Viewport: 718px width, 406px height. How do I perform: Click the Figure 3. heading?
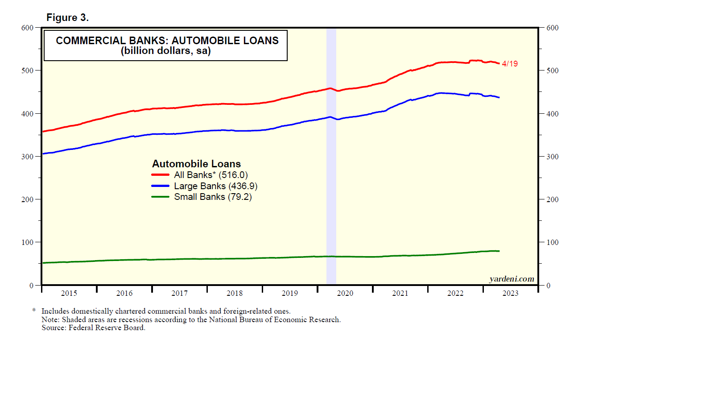click(67, 17)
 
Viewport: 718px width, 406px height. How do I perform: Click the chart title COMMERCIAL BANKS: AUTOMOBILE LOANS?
click(167, 41)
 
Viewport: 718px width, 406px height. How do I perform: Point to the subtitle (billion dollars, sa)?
click(165, 51)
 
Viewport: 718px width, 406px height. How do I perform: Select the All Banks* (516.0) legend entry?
click(210, 175)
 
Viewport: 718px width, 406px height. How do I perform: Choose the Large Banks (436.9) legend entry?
click(215, 186)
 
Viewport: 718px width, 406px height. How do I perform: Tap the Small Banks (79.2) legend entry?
click(213, 197)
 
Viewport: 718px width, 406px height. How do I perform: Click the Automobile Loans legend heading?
click(196, 164)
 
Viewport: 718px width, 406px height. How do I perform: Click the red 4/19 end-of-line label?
click(510, 64)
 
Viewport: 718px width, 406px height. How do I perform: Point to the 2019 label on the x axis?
click(290, 293)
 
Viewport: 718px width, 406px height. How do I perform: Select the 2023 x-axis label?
click(510, 293)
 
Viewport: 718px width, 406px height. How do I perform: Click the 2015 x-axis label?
click(69, 293)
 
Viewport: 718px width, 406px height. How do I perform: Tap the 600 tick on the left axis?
click(27, 28)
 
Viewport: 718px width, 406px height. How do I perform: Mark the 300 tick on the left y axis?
click(27, 157)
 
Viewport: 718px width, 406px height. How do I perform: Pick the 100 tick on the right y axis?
click(552, 242)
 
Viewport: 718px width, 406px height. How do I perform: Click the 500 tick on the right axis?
click(552, 70)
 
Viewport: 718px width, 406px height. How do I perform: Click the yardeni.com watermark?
click(512, 279)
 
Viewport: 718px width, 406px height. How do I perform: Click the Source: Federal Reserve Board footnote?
click(93, 327)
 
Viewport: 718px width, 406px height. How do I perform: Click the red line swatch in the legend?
click(160, 175)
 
